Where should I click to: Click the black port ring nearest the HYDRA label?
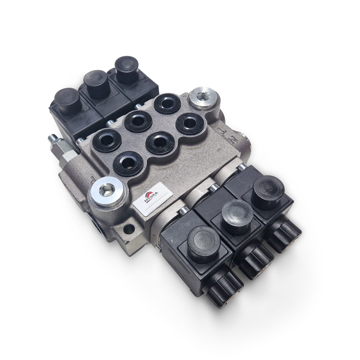(x=128, y=163)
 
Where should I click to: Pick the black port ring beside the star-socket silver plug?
(x=167, y=103)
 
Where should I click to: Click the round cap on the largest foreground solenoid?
(x=204, y=243)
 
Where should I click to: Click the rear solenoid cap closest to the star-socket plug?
(x=127, y=69)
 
